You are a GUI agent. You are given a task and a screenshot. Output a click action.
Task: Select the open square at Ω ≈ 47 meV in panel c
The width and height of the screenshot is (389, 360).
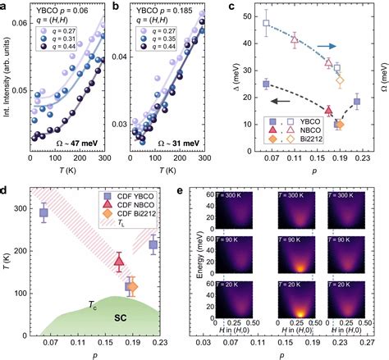click(267, 24)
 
